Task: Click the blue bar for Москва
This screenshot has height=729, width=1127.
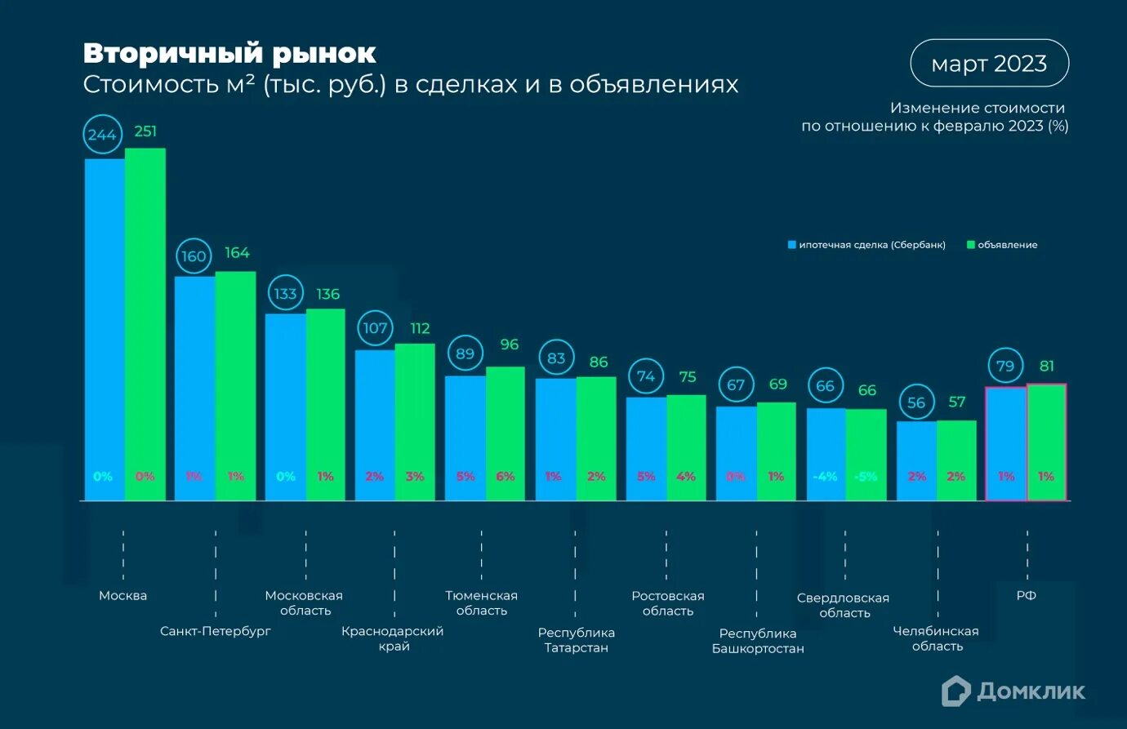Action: pos(105,327)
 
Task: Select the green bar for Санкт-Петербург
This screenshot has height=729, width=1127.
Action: pos(235,384)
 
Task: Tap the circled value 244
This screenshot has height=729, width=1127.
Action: pos(102,135)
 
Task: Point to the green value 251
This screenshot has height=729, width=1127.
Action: pos(145,131)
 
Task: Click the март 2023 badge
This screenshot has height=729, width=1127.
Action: pos(989,64)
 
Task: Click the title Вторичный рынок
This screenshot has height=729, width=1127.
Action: pos(229,54)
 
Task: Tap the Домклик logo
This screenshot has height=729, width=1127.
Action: pos(1013,691)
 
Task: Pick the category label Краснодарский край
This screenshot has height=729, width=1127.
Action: pos(393,638)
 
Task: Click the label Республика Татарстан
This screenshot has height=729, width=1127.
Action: pos(576,640)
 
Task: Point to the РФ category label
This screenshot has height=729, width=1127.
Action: pos(1027,596)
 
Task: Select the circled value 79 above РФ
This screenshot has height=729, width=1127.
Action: pos(1005,367)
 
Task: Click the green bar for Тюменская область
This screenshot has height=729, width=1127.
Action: pos(506,433)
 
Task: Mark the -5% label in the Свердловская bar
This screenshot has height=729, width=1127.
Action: pos(866,477)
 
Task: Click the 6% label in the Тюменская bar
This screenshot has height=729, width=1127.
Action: pos(506,477)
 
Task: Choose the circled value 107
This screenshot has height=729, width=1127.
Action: pos(375,328)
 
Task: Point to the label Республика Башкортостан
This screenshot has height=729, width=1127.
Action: pos(758,641)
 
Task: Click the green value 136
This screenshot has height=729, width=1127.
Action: pos(327,294)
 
